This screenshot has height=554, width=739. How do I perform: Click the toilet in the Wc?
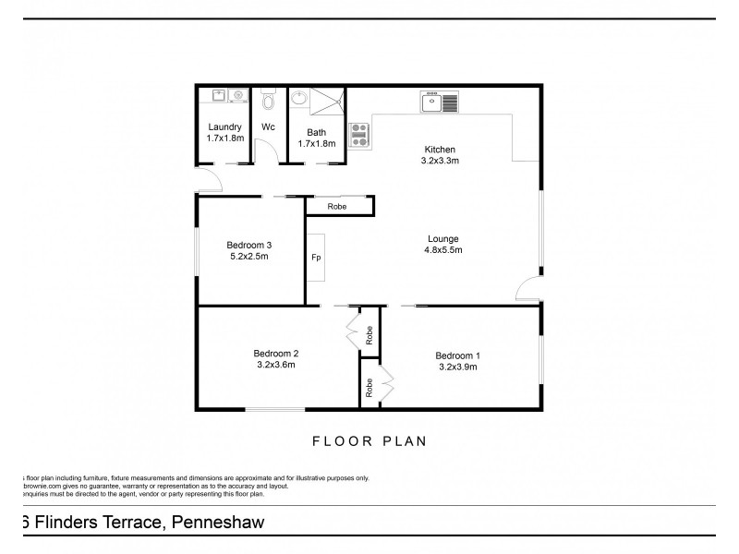point(269,98)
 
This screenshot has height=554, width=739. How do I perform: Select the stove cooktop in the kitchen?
point(359,136)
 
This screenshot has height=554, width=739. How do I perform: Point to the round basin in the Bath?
point(299,97)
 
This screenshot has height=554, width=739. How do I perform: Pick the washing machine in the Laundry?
point(236,94)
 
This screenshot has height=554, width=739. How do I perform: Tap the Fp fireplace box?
point(316,257)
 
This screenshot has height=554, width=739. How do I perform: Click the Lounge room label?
point(442,238)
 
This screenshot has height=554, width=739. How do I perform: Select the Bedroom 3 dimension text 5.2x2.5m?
point(248,257)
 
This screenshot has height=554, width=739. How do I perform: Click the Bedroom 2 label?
point(276,352)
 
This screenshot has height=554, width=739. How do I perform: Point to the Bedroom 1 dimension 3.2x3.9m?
point(457,367)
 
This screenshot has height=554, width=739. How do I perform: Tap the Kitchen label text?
point(440,150)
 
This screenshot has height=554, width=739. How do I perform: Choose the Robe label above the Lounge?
point(338,207)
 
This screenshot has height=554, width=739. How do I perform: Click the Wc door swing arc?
point(264,151)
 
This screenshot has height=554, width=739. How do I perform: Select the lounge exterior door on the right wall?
point(530,288)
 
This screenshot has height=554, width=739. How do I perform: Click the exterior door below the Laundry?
point(207,179)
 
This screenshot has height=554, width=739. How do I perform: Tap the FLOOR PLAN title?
point(368,441)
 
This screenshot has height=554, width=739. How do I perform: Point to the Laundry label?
point(224,127)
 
